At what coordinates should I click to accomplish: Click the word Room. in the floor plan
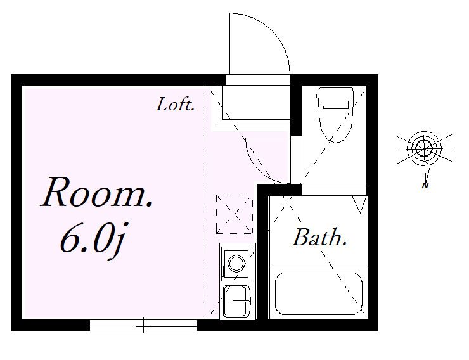[97, 192]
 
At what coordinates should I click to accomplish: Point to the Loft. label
[176, 105]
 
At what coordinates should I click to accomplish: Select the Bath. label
[319, 238]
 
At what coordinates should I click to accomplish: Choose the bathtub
[319, 293]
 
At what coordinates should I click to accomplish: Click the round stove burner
[236, 264]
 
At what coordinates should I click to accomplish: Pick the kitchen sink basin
[236, 301]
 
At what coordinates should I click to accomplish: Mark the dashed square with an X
[234, 214]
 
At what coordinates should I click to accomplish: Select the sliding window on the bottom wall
[144, 325]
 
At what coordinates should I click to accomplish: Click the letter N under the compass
[425, 185]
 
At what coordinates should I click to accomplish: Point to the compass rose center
[424, 148]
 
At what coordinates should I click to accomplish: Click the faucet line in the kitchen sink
[241, 301]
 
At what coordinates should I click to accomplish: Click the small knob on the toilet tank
[318, 96]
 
